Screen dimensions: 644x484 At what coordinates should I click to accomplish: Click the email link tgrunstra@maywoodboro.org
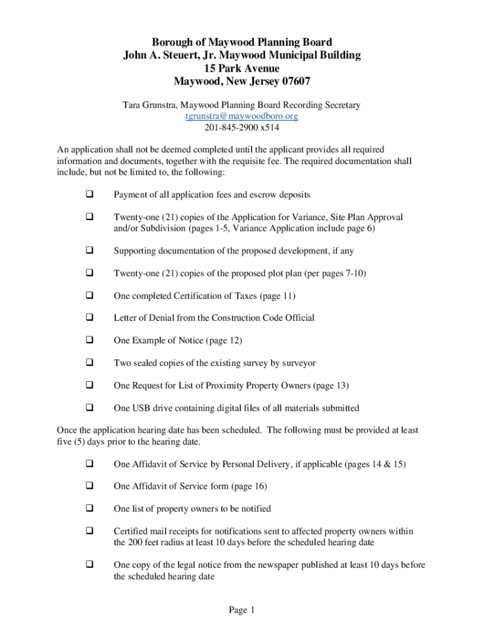(241, 116)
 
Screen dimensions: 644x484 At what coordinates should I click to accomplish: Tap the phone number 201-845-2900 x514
(241, 128)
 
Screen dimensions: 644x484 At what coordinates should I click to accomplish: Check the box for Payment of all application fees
(89, 195)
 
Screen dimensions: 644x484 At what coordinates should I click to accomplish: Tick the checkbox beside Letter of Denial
(89, 318)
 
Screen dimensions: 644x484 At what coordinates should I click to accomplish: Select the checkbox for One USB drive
(89, 408)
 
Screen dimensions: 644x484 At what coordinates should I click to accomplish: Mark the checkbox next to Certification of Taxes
(89, 296)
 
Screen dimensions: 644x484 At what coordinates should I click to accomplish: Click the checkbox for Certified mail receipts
(89, 531)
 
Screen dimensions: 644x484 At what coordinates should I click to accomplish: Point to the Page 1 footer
(241, 610)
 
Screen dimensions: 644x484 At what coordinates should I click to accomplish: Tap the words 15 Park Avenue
(241, 68)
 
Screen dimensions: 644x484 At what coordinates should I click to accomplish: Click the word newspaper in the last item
(274, 565)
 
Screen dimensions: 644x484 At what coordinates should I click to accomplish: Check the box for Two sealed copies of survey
(89, 364)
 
